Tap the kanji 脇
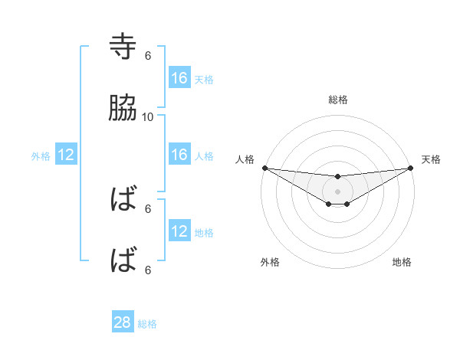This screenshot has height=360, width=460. pyautogui.click(x=123, y=109)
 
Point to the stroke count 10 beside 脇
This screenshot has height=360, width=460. pyautogui.click(x=148, y=116)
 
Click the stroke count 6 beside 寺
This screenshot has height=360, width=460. pyautogui.click(x=148, y=55)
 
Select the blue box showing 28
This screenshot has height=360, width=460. pyautogui.click(x=123, y=322)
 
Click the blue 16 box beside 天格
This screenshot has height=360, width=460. pyautogui.click(x=179, y=77)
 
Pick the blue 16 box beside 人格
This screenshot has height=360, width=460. pyautogui.click(x=179, y=155)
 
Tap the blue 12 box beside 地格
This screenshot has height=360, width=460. pyautogui.click(x=179, y=231)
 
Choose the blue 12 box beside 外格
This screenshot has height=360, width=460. pyautogui.click(x=66, y=155)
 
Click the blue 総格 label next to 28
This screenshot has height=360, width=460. pyautogui.click(x=147, y=324)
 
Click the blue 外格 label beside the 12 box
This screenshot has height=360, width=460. pyautogui.click(x=41, y=156)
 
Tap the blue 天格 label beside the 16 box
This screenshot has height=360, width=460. pyautogui.click(x=204, y=79)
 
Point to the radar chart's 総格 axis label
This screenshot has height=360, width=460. pyautogui.click(x=338, y=100)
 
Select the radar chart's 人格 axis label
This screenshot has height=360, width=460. pyautogui.click(x=245, y=159)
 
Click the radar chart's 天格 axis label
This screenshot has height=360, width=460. pyautogui.click(x=431, y=159)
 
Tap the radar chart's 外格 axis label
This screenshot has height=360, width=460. pyautogui.click(x=270, y=262)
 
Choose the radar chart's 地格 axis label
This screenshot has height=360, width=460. pyautogui.click(x=402, y=262)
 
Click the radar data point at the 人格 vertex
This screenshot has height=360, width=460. pyautogui.click(x=264, y=168)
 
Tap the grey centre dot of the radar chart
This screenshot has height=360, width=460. pyautogui.click(x=337, y=191)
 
